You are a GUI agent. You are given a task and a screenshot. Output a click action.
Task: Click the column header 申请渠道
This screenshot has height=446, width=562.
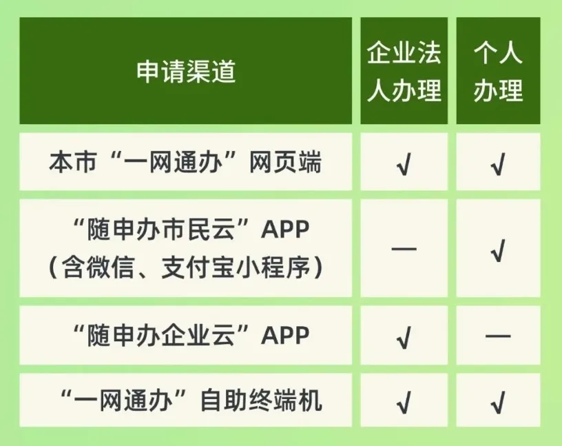pos(186,72)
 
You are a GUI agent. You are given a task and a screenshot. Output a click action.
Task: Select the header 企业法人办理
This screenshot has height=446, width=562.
pos(404,72)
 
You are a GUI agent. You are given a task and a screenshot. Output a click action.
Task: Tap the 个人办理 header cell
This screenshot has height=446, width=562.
pos(498,72)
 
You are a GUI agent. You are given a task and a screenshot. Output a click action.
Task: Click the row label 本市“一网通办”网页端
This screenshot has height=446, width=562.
pos(185,162)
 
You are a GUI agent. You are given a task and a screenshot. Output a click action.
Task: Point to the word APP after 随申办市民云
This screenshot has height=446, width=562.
pos(285,230)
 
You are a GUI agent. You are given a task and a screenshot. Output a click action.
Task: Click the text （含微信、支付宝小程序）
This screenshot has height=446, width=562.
pos(185,267)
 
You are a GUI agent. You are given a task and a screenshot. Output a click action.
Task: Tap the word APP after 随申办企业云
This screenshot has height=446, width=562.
pos(285,336)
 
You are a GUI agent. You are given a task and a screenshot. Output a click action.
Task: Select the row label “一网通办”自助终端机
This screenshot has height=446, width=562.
pos(191,401)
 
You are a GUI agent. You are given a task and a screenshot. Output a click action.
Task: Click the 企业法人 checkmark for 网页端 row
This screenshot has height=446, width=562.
pos(404,164)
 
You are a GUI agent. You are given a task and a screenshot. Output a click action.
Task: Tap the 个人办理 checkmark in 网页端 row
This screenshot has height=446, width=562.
pos(498,164)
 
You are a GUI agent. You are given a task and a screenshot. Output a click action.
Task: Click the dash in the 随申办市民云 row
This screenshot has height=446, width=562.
pos(404,248)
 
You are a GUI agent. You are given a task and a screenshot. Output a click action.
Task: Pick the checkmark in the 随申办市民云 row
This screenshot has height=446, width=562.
pos(498,250)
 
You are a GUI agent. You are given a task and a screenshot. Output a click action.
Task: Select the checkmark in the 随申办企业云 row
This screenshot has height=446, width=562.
pos(404,337)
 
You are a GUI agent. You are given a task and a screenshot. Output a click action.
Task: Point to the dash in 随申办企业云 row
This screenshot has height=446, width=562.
pos(498,336)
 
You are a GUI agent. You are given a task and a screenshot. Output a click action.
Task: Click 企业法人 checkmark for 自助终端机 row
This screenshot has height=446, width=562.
pos(404,402)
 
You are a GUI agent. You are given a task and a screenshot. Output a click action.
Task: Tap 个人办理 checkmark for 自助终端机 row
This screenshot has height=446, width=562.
pos(498,402)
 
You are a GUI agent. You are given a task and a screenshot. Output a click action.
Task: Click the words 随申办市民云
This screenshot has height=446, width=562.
pos(161,230)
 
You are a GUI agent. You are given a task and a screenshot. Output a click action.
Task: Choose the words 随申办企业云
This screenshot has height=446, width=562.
pos(161,336)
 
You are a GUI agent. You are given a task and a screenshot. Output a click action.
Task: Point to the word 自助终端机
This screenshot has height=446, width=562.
pos(261,401)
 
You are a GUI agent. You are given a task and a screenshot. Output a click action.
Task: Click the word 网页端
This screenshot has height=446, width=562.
pos(285,162)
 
